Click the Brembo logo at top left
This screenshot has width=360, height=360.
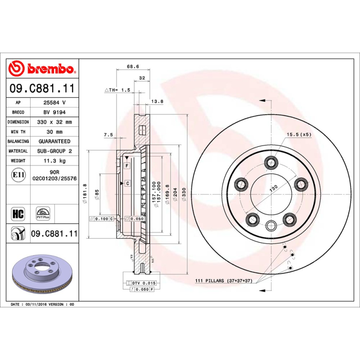point(42,68)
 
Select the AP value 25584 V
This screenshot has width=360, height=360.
point(54,102)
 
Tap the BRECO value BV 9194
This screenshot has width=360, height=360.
point(54,112)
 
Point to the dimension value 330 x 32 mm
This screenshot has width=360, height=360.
point(54,122)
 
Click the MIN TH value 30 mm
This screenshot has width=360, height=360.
point(54,132)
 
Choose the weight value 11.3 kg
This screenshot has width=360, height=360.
point(54,161)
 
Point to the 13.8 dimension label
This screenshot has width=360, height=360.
point(157,101)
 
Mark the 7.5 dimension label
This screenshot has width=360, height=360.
point(108,135)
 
